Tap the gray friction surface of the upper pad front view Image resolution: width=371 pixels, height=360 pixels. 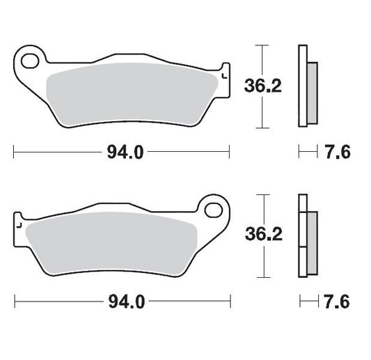point(132,97)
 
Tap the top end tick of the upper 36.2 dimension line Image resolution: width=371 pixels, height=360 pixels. point(260,46)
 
